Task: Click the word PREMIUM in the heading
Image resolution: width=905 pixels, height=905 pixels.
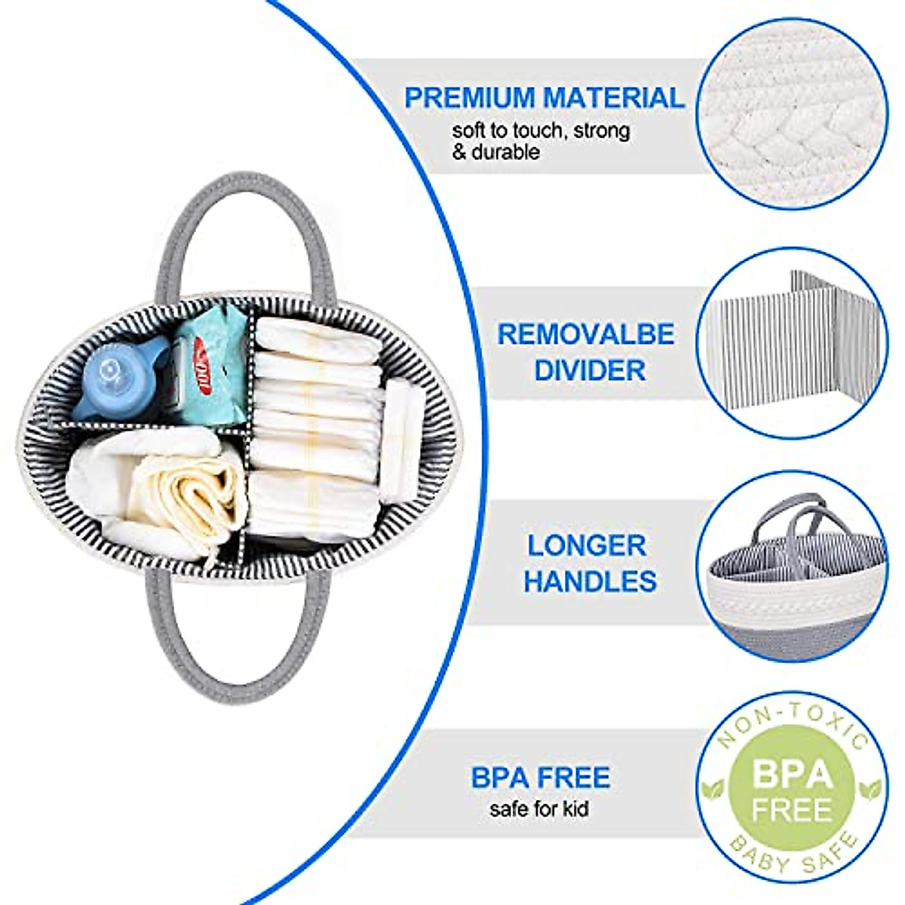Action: [470, 98]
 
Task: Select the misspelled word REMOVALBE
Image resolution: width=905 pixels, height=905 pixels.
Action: [586, 334]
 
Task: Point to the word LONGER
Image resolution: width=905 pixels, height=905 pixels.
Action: [586, 545]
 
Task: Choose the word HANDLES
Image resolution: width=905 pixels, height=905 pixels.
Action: [590, 581]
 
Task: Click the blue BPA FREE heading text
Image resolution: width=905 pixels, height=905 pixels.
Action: [541, 778]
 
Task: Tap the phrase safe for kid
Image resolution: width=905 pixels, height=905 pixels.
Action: [539, 810]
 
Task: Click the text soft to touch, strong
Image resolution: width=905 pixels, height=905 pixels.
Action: [541, 130]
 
